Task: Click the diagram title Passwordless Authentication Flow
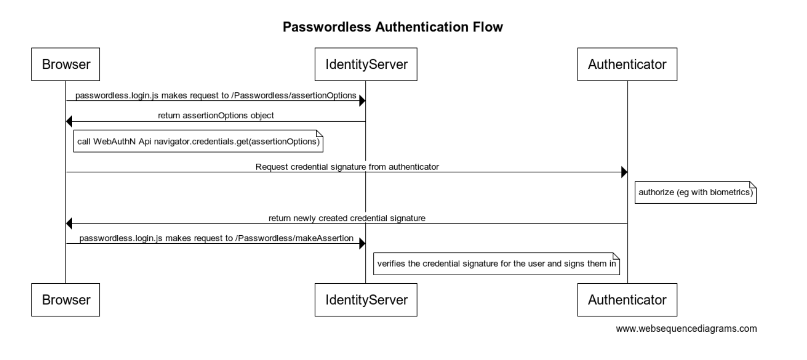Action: pyautogui.click(x=393, y=27)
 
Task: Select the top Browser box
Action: pyautogui.click(x=66, y=65)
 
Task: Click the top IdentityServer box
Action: pyautogui.click(x=366, y=65)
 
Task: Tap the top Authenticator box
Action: pyautogui.click(x=627, y=65)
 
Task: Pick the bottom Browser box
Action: pyautogui.click(x=66, y=300)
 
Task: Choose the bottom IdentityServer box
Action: pyautogui.click(x=366, y=300)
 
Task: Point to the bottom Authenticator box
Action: pyautogui.click(x=627, y=300)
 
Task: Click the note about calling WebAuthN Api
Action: pyautogui.click(x=199, y=143)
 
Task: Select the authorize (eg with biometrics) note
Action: pyautogui.click(x=696, y=193)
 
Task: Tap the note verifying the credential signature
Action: pyautogui.click(x=496, y=263)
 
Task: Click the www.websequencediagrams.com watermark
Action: pyautogui.click(x=686, y=329)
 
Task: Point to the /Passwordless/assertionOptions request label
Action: pyautogui.click(x=215, y=95)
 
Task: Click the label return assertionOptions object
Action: pyautogui.click(x=215, y=116)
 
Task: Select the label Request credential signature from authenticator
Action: pyautogui.click(x=347, y=166)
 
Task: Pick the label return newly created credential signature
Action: pyautogui.click(x=347, y=218)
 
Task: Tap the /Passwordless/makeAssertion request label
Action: pyautogui.click(x=216, y=238)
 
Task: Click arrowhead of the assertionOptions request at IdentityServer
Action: pyautogui.click(x=362, y=101)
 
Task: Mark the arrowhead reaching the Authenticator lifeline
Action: pyautogui.click(x=624, y=172)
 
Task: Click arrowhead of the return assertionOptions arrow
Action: pyautogui.click(x=69, y=122)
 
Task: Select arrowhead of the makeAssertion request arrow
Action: pyautogui.click(x=362, y=244)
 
